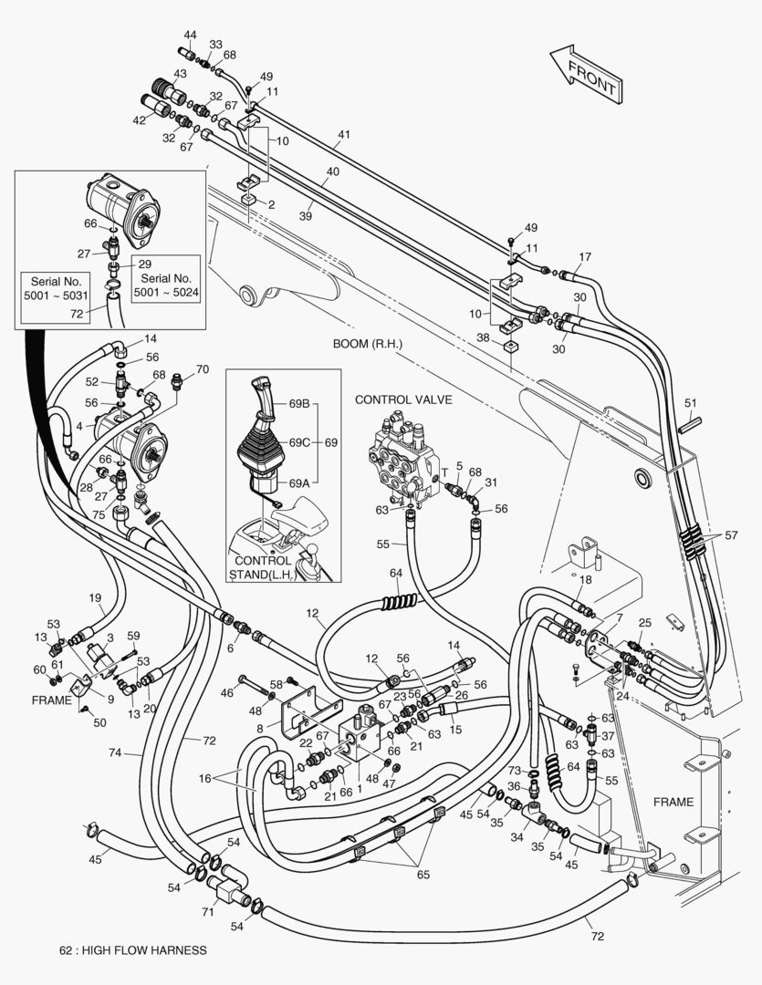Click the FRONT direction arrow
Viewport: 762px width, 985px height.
[586, 74]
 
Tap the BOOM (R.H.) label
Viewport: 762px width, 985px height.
[367, 344]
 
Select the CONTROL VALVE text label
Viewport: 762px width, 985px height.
[403, 399]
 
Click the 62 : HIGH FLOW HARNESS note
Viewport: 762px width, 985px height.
[132, 950]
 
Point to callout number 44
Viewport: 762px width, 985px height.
[190, 36]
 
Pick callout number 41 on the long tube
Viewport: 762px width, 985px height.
[343, 134]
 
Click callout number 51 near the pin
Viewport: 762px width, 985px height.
[690, 403]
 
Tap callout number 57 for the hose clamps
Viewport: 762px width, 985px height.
[731, 535]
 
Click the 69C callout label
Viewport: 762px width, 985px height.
[299, 442]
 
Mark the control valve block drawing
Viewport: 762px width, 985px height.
[404, 458]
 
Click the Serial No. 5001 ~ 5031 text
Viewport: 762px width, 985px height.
[56, 288]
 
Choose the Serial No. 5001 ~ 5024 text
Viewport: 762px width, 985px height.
[166, 285]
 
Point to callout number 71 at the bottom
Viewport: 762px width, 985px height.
[208, 911]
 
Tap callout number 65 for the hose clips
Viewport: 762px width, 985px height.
[423, 875]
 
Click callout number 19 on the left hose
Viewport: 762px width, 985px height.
[95, 598]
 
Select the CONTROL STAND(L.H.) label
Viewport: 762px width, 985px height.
[262, 567]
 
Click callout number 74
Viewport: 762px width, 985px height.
[114, 752]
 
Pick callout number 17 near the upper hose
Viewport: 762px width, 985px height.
[585, 257]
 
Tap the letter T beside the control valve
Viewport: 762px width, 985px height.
[444, 472]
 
